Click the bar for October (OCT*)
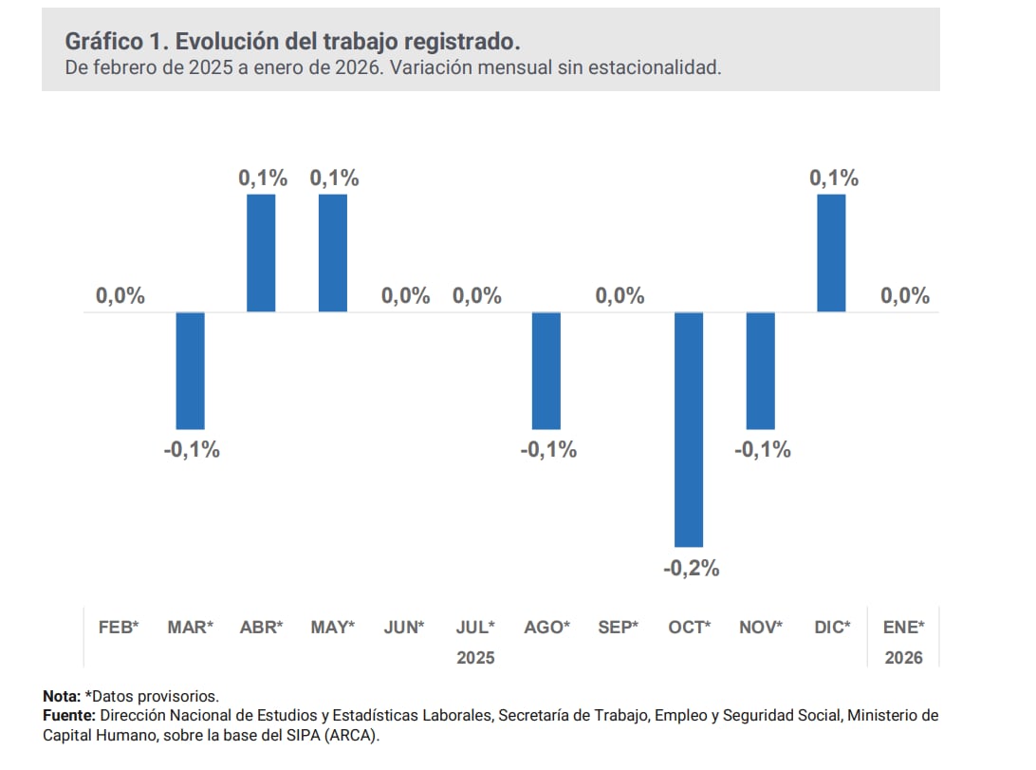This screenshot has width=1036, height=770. click(x=689, y=429)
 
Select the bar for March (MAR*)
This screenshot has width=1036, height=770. click(x=190, y=370)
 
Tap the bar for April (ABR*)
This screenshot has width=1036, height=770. click(x=261, y=254)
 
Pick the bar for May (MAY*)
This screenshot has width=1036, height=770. click(x=332, y=254)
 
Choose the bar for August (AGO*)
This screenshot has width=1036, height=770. click(x=546, y=370)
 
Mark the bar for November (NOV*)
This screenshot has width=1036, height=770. click(x=761, y=370)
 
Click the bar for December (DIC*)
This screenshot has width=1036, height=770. click(x=831, y=254)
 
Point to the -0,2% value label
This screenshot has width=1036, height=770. click(x=691, y=569)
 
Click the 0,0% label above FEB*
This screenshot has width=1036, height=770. click(x=120, y=295)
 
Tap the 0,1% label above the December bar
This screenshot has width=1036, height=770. click(x=834, y=178)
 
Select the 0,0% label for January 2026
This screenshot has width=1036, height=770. click(x=905, y=295)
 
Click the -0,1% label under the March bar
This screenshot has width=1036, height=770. click(x=192, y=450)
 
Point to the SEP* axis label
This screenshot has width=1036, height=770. click(x=619, y=628)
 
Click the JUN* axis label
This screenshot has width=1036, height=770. click(x=404, y=628)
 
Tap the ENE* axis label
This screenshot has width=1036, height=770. click(x=903, y=628)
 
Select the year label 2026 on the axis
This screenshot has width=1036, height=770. click(x=903, y=657)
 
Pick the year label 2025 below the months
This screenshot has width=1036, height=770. click(x=475, y=657)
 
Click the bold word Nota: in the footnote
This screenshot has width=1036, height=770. click(x=63, y=696)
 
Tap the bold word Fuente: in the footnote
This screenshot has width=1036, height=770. click(x=69, y=714)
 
